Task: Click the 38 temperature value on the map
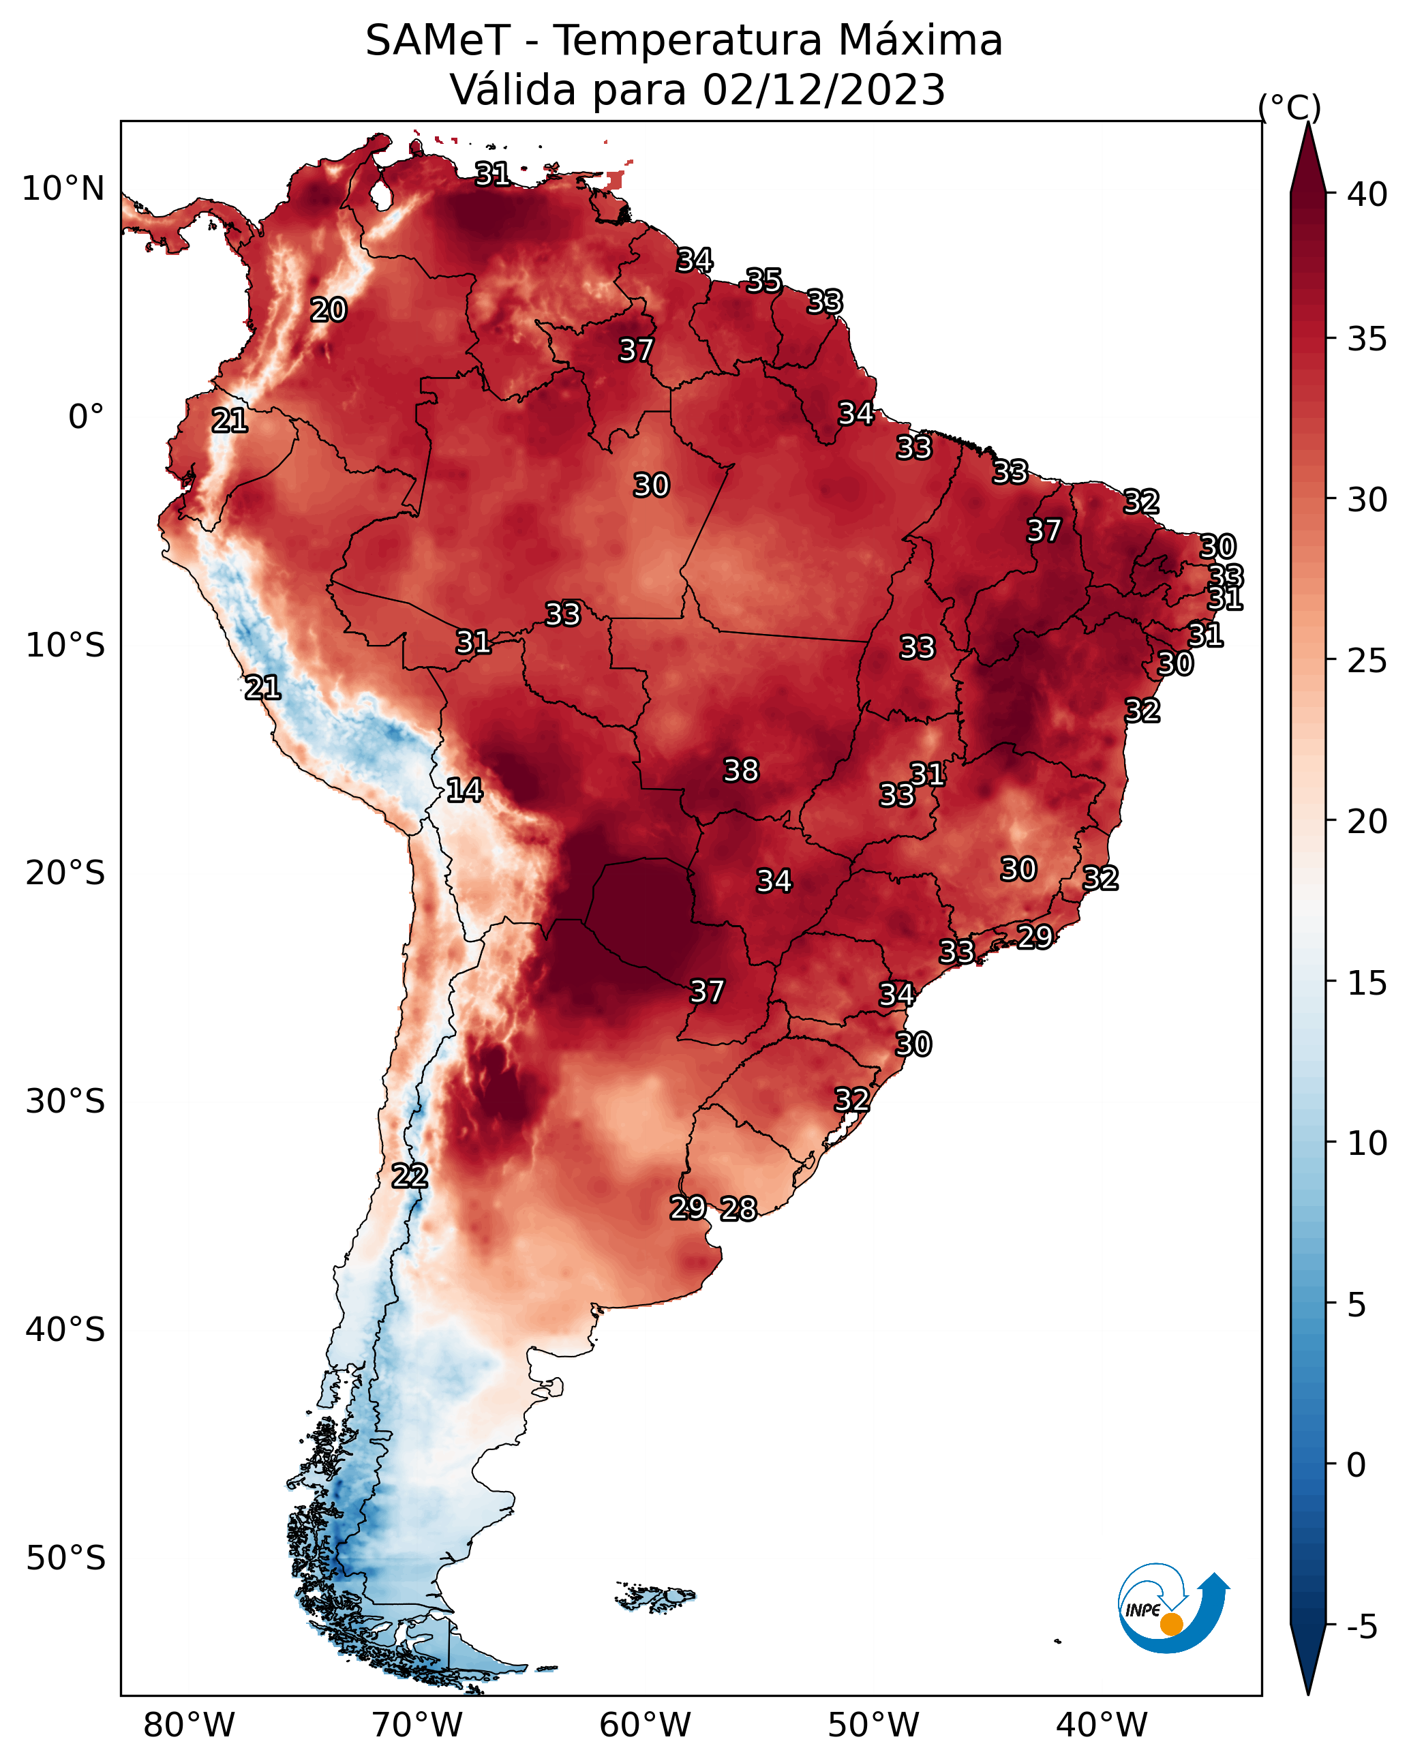(x=741, y=770)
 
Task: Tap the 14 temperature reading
(x=464, y=790)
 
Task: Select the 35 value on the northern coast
(x=763, y=280)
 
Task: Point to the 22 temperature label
(x=410, y=1176)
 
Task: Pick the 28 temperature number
(x=738, y=1209)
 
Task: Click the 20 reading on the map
(x=329, y=310)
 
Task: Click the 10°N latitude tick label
(x=63, y=189)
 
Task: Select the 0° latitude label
(x=87, y=417)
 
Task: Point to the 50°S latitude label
(x=65, y=1558)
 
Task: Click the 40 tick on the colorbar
(x=1367, y=194)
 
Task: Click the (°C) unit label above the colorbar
(x=1290, y=107)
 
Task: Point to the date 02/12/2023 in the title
(x=823, y=90)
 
